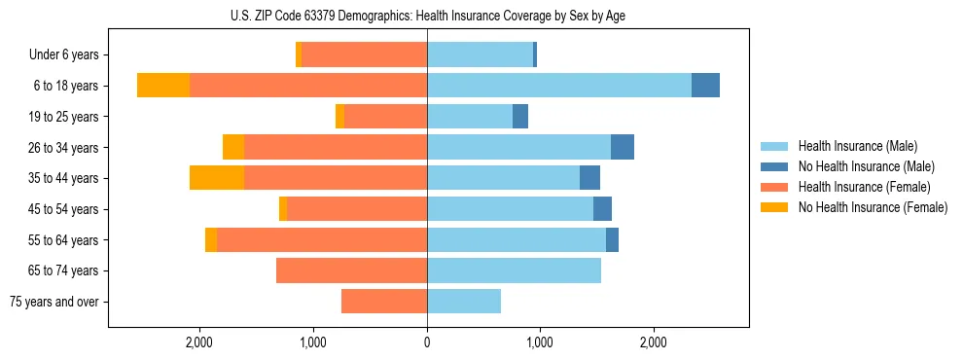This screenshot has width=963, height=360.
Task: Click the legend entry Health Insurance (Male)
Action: pos(857,146)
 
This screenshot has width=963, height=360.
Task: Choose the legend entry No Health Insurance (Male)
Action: pos(866,166)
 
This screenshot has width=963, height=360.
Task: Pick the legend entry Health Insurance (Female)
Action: pos(864,187)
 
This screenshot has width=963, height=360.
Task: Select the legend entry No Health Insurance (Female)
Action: pos(873,207)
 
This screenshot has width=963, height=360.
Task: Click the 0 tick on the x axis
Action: pos(427,342)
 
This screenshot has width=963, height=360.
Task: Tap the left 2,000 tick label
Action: pos(199,342)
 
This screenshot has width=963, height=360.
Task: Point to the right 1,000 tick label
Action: pos(540,342)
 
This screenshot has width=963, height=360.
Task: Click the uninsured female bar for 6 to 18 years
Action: pos(163,86)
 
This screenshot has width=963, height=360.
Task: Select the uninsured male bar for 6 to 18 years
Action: pos(705,86)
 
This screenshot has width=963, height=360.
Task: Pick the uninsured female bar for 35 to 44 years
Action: pos(217,178)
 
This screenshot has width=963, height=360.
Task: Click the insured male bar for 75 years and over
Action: pos(464,302)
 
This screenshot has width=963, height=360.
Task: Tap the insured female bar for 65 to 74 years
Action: pos(351,270)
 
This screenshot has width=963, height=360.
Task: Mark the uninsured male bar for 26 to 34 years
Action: pos(623,147)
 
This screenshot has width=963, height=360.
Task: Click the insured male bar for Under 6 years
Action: pos(480,54)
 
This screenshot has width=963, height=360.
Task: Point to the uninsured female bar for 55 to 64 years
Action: pos(211,239)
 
